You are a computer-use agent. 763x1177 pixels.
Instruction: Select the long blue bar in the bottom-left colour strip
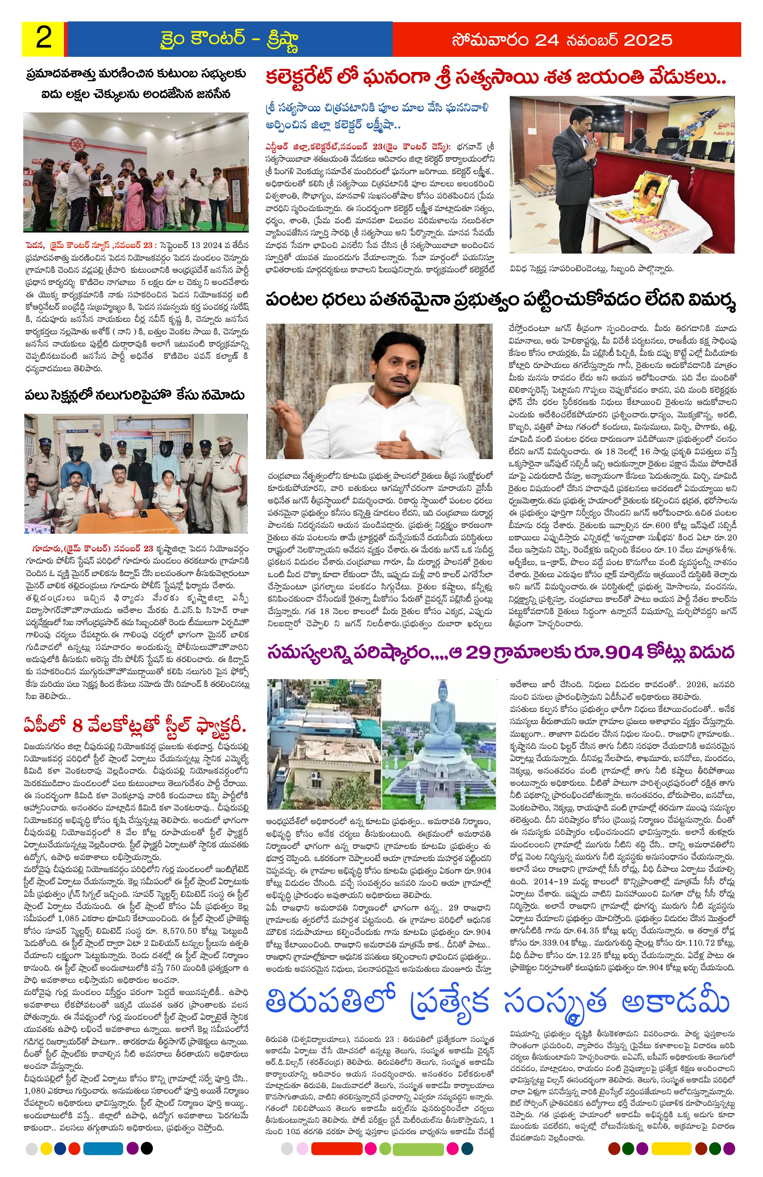click(101, 1159)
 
